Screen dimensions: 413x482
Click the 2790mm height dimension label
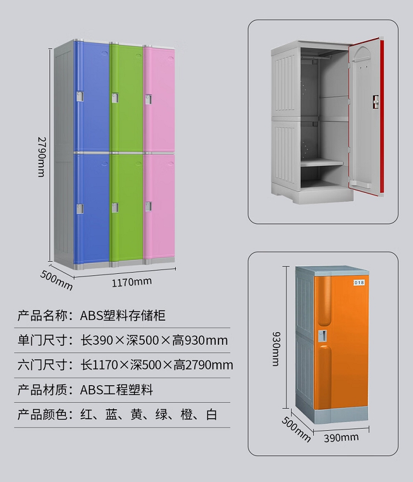(x=41, y=157)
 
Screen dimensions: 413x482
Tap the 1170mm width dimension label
(x=132, y=282)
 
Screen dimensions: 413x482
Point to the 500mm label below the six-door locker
(x=56, y=280)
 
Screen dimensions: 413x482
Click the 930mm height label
(x=276, y=349)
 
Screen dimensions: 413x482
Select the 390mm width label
(x=341, y=438)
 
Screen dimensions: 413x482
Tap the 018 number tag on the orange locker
(x=359, y=283)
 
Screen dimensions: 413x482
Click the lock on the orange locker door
(x=322, y=335)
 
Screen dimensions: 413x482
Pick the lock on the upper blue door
(x=80, y=96)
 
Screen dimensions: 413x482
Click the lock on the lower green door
(x=115, y=208)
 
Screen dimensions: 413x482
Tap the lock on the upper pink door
(x=149, y=99)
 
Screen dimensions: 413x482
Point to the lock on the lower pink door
(x=149, y=206)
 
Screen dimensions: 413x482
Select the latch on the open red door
(x=376, y=102)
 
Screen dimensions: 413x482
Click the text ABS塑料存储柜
(x=123, y=316)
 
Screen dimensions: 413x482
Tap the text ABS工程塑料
(x=116, y=390)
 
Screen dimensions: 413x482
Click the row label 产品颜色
(x=42, y=414)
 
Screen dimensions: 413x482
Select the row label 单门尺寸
(x=42, y=340)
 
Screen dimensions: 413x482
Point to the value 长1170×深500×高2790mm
(x=157, y=365)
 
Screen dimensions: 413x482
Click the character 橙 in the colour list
(x=187, y=414)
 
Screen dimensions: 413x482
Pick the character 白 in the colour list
(x=211, y=414)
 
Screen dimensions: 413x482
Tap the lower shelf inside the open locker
(x=322, y=163)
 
